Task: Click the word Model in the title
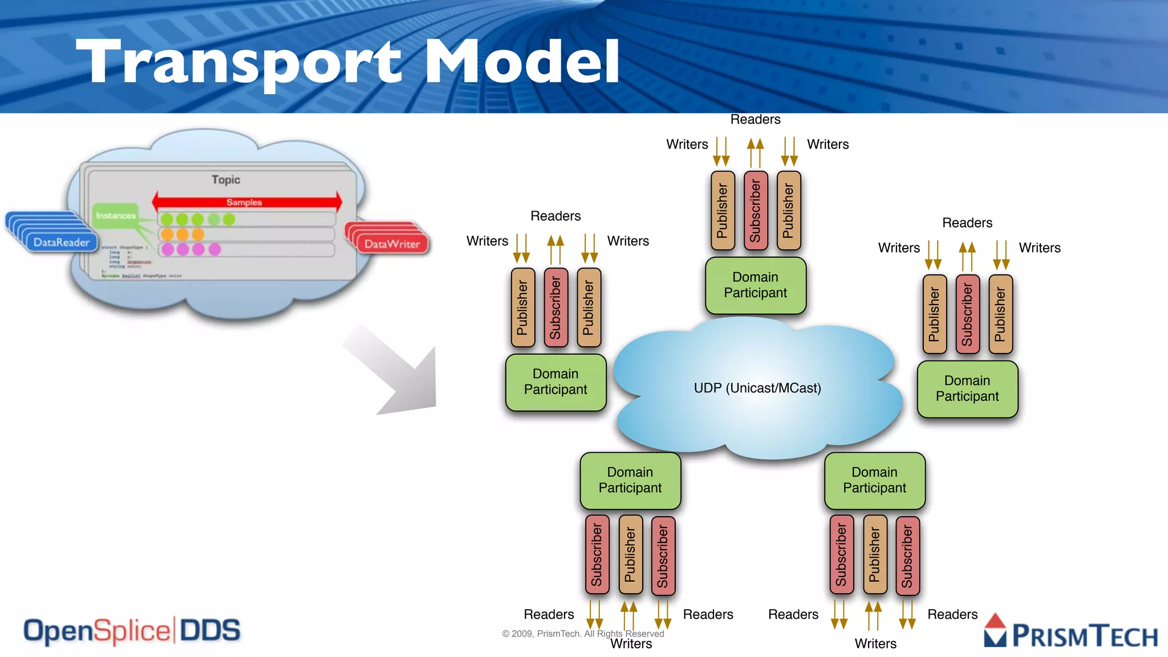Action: pos(521,62)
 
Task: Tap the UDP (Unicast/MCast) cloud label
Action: pos(757,388)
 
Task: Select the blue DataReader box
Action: pos(61,242)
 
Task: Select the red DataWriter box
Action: pos(392,244)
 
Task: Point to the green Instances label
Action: pos(116,216)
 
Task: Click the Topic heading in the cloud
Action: pos(226,180)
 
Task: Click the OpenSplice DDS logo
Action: pos(132,631)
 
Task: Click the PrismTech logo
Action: pos(1071,633)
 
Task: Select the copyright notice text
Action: pos(583,634)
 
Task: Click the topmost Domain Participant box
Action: pos(755,285)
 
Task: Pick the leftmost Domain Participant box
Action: pos(555,382)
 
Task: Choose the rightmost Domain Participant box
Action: pos(967,389)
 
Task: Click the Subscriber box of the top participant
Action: pos(756,210)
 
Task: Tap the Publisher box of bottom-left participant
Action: pos(630,555)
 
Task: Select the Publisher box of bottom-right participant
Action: pos(874,555)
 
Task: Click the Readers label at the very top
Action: pos(755,119)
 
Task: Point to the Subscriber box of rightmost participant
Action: pos(967,314)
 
